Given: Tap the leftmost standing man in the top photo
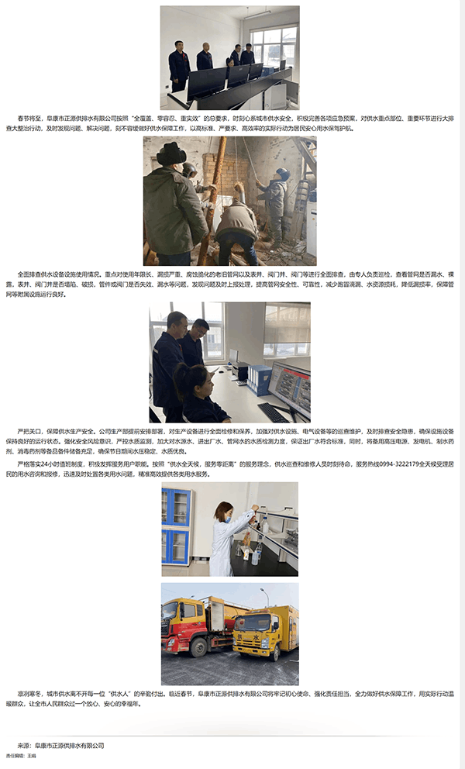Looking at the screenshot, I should coord(179,65).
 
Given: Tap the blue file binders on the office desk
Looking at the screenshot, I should coord(259,380).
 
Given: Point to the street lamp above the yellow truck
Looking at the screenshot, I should coord(264,593).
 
